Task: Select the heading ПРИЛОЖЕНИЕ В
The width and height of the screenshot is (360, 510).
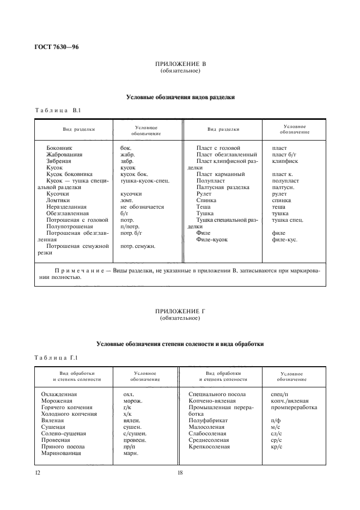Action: tap(180, 64)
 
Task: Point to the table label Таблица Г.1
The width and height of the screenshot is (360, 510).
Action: tap(57, 357)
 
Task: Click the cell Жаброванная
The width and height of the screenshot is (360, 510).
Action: tap(64, 155)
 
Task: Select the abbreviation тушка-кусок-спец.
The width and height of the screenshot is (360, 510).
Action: tap(145, 180)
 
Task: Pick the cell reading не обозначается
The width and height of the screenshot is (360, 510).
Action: tap(142, 207)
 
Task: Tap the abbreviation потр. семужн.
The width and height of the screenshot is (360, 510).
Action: tap(138, 246)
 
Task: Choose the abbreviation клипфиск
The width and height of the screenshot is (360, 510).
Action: tap(285, 161)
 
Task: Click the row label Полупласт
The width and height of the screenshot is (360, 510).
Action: tap(210, 180)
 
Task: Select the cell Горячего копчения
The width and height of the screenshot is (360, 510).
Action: tap(67, 407)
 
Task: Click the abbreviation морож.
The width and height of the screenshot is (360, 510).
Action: tap(133, 400)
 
